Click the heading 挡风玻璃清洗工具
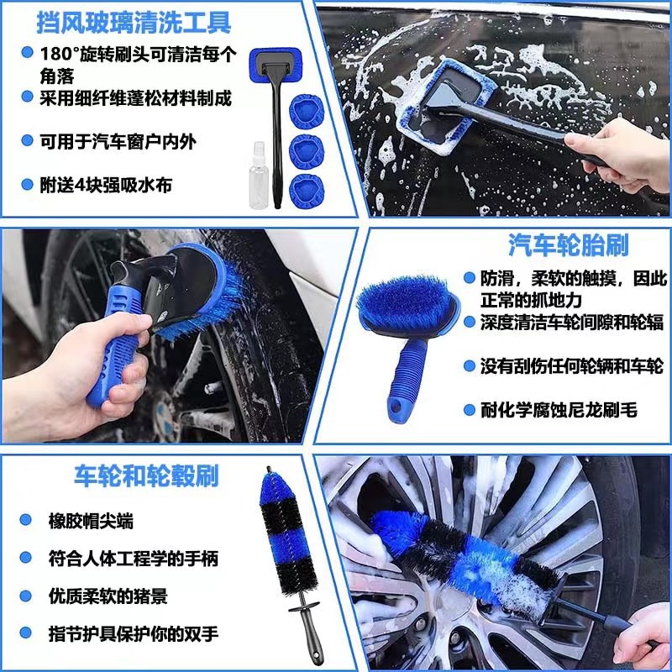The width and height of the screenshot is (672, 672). tap(134, 23)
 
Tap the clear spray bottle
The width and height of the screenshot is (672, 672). tap(259, 176)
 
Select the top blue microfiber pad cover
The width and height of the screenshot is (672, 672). tap(307, 111)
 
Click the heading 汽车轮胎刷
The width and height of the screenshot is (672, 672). tap(569, 245)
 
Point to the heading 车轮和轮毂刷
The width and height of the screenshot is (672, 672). tap(146, 475)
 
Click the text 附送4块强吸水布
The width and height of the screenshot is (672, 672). tap(106, 185)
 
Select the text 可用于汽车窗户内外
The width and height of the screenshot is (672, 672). tap(118, 141)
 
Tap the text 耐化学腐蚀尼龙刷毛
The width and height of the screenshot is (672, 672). tap(559, 410)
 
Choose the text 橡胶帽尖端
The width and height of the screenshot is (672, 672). tap(91, 521)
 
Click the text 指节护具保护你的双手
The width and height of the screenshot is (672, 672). tap(134, 634)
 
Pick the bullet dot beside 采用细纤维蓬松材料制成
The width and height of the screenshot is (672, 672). tap(27, 97)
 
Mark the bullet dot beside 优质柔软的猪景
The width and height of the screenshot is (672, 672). tap(25, 596)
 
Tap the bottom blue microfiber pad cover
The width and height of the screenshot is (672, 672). tap(307, 191)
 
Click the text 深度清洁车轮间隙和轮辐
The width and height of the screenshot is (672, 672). tap(572, 323)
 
